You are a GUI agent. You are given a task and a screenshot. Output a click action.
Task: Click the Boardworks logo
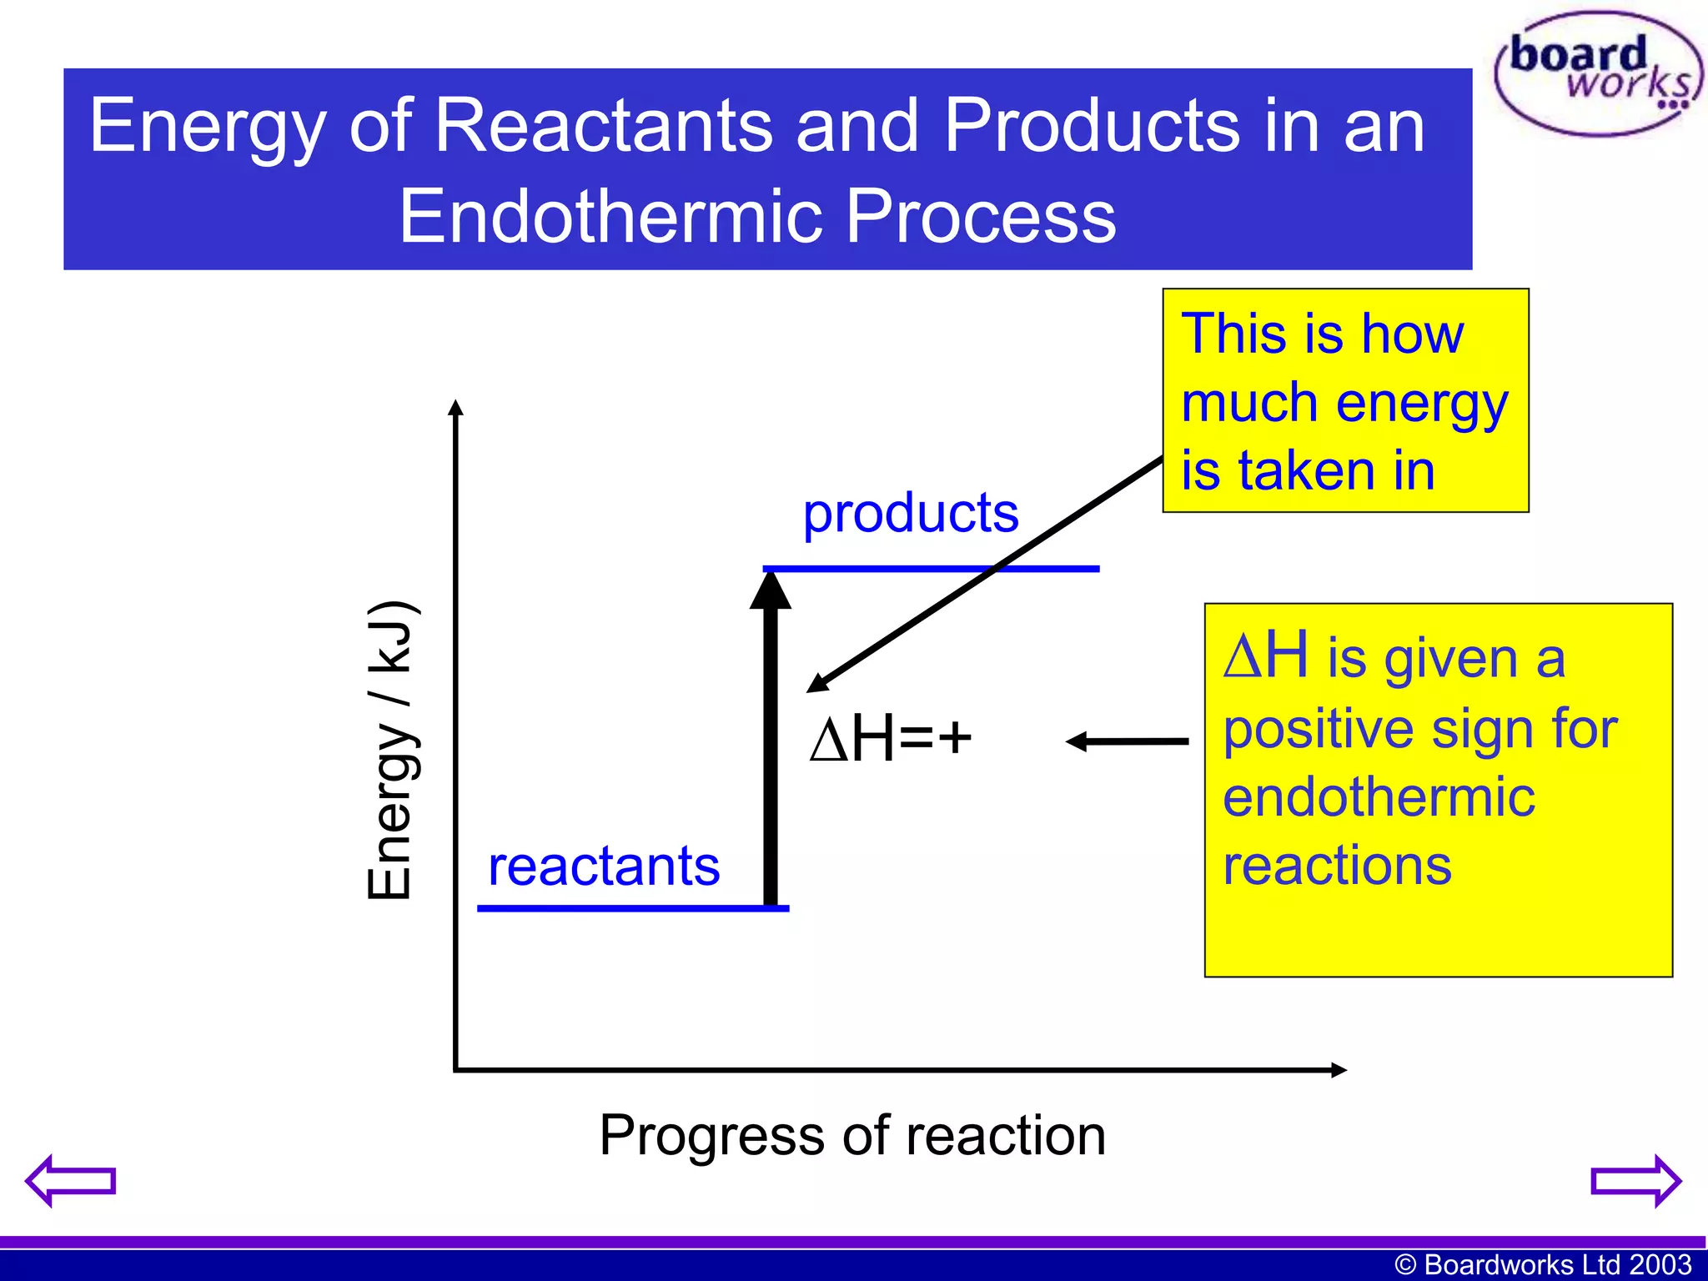click(x=1597, y=73)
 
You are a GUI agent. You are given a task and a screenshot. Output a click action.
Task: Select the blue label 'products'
click(x=910, y=513)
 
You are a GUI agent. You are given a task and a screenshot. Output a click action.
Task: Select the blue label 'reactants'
click(x=603, y=867)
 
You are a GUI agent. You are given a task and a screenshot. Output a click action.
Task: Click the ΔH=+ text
click(x=891, y=739)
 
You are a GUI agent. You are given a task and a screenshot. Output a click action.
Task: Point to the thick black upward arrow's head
click(x=770, y=590)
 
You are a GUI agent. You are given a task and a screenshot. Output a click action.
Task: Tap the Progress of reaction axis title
click(x=851, y=1136)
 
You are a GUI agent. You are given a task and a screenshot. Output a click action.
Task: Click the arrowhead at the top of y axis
click(x=455, y=408)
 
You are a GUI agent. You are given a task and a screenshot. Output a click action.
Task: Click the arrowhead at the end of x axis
click(x=1338, y=1070)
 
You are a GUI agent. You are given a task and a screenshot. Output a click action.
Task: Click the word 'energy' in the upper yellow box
click(x=1422, y=404)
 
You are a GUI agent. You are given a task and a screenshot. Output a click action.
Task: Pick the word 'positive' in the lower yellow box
click(x=1318, y=730)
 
